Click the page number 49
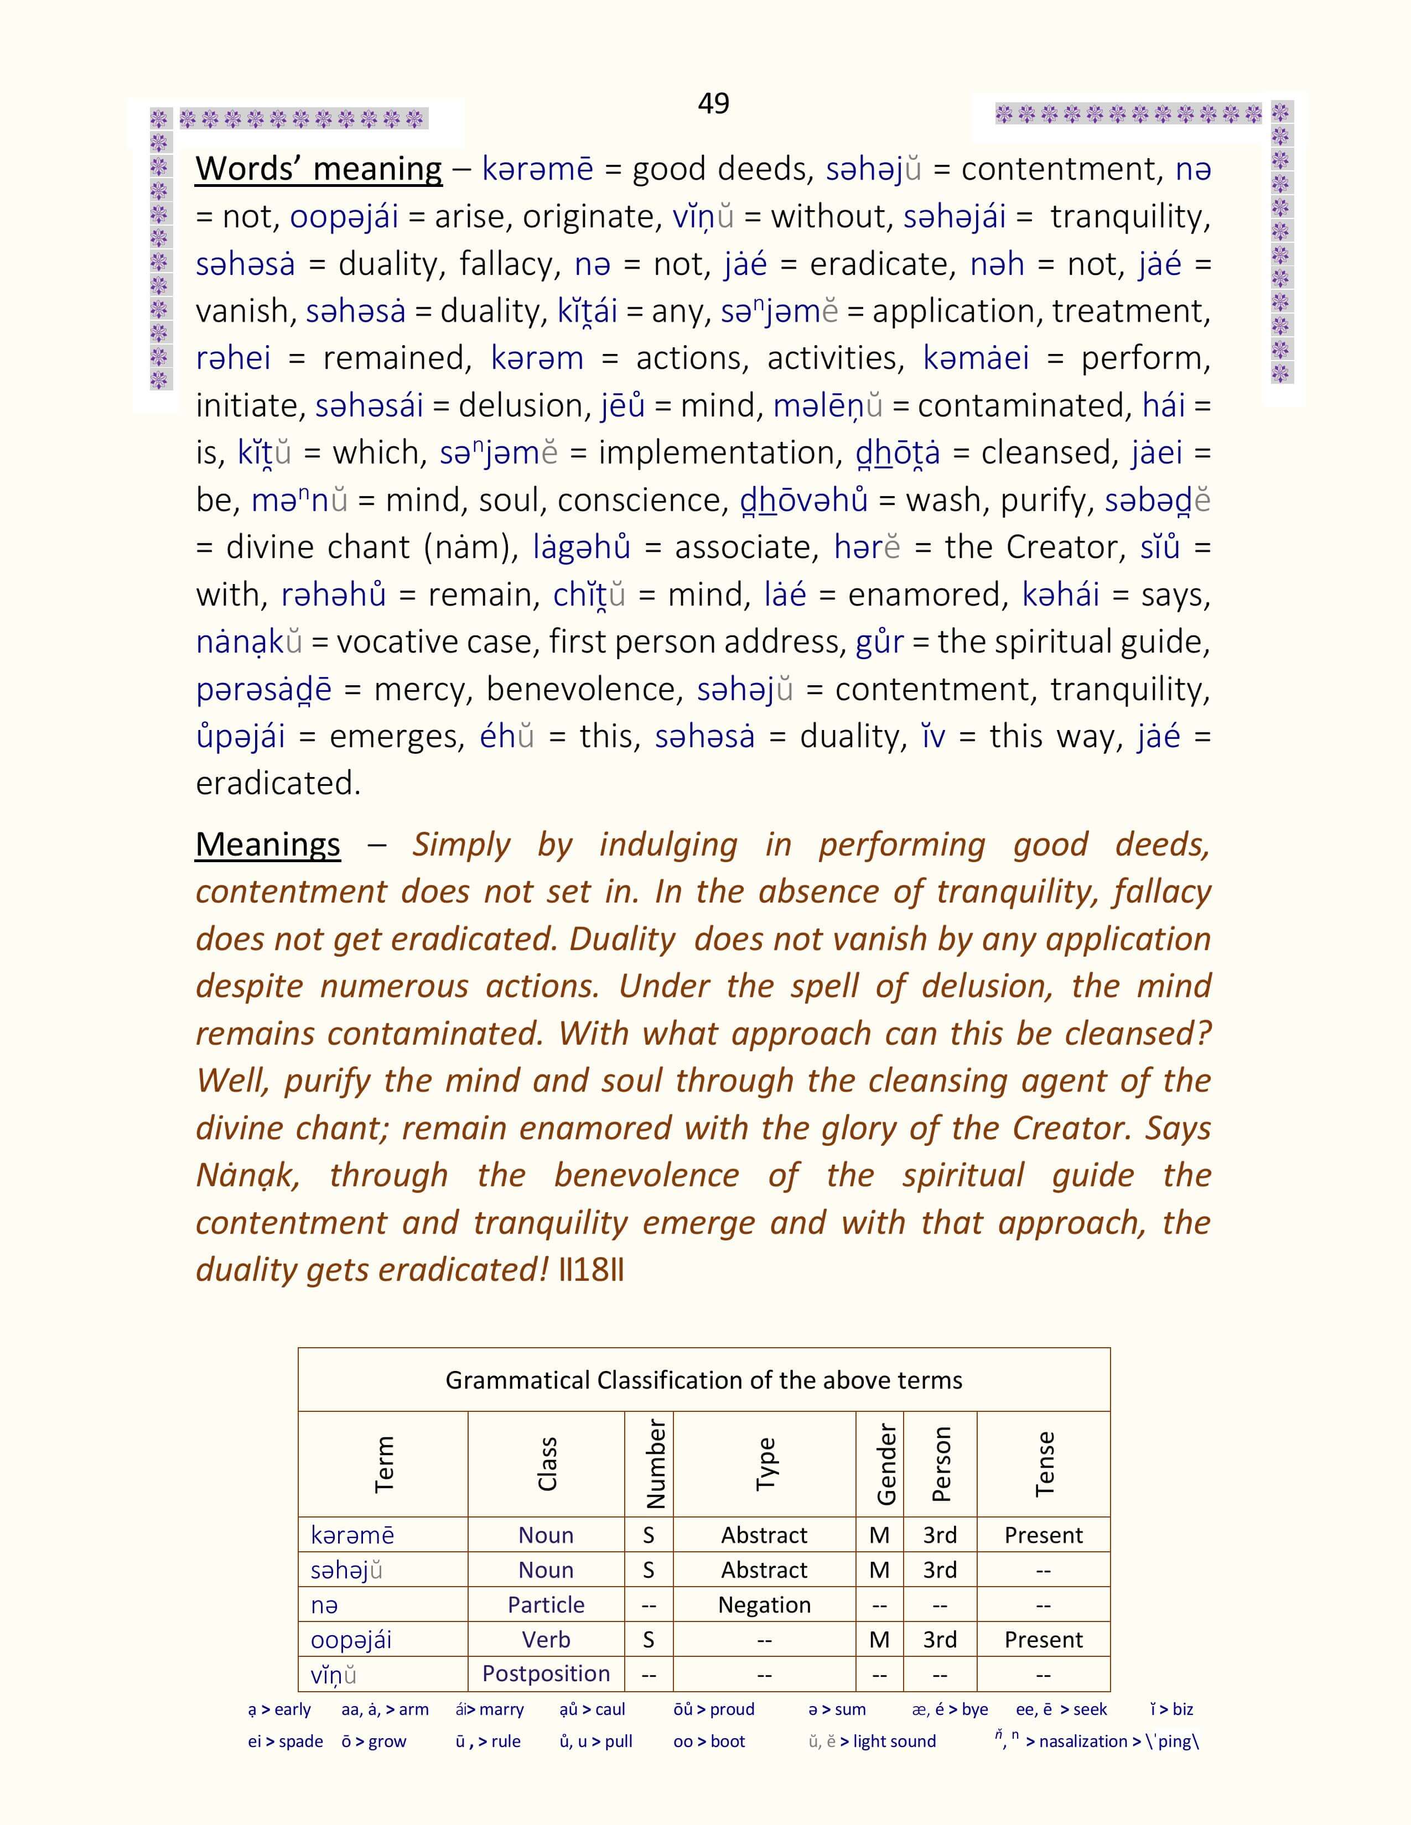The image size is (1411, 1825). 713,103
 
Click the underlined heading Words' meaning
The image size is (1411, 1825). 319,169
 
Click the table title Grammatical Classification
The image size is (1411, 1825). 704,1380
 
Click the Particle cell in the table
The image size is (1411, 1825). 546,1604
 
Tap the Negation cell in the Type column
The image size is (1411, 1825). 764,1604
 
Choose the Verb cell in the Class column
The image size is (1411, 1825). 546,1640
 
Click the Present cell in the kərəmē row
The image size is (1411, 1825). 1043,1535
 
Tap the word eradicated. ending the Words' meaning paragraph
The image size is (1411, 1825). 278,784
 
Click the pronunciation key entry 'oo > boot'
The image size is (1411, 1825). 709,1741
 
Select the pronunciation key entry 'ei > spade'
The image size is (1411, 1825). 285,1741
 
